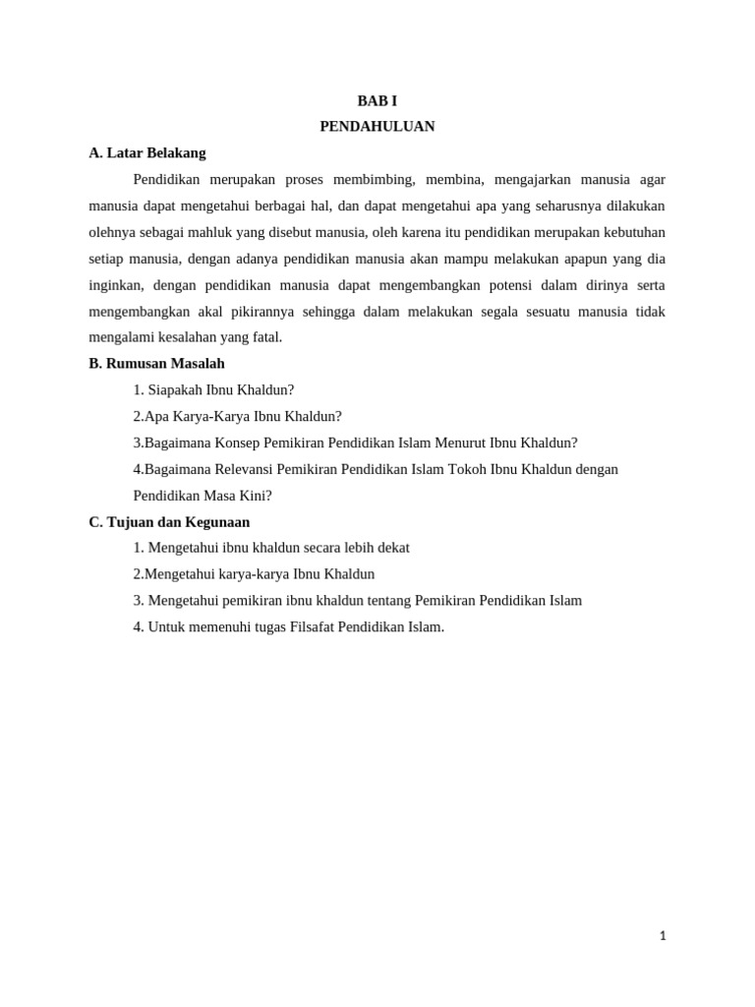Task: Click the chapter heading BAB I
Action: (377, 101)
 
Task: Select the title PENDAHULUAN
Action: (377, 127)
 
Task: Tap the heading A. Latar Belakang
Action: (147, 153)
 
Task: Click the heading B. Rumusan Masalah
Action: (156, 364)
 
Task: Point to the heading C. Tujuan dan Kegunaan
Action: (169, 522)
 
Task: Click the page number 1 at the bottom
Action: (663, 936)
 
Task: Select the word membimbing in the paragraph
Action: (375, 180)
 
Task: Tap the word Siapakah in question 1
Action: (175, 390)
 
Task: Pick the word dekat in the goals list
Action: (391, 548)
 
